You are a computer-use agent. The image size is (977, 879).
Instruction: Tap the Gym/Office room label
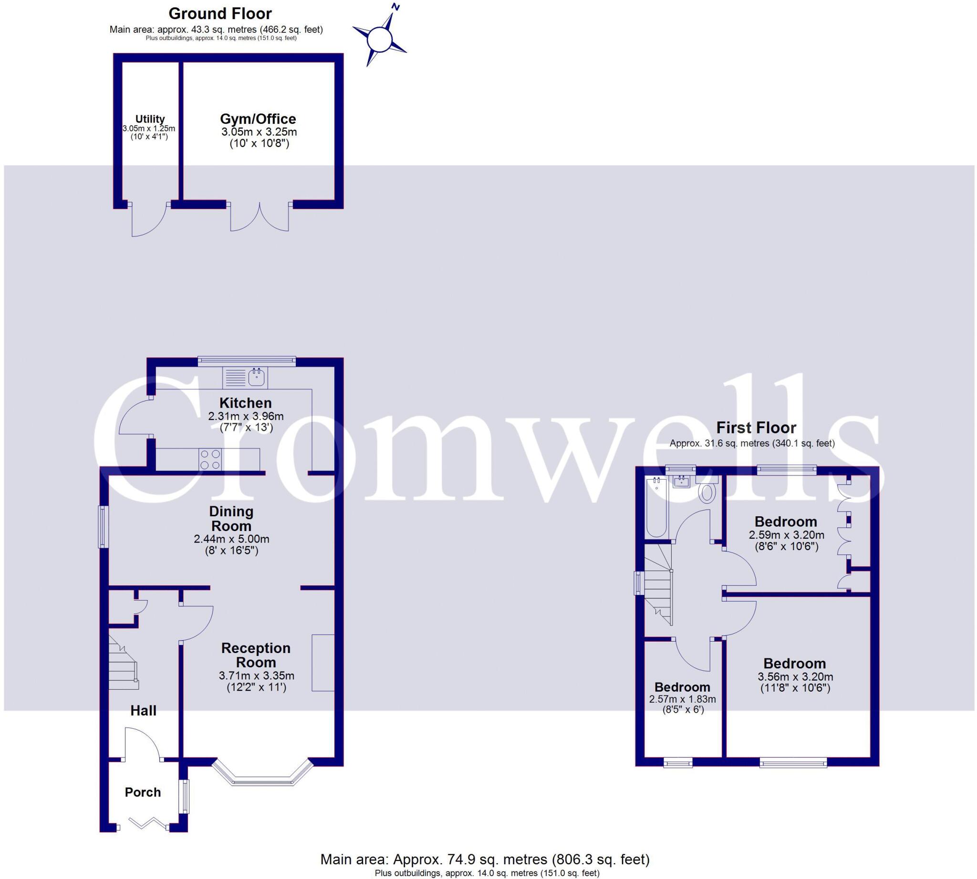click(258, 119)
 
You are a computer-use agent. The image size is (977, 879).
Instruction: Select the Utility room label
click(150, 119)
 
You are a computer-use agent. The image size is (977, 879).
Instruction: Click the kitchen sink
click(257, 377)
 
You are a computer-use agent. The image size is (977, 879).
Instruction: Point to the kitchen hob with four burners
click(210, 460)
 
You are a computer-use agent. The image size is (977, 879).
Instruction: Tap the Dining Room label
click(231, 518)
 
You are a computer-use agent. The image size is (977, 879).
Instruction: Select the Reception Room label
click(256, 655)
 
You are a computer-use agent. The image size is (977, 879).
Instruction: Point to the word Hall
click(143, 710)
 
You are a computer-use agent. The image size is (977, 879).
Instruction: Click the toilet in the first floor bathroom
click(707, 493)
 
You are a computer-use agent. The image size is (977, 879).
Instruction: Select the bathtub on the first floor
click(656, 507)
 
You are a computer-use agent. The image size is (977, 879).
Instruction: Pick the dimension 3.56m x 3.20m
click(795, 676)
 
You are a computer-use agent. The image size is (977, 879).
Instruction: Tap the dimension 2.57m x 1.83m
click(682, 699)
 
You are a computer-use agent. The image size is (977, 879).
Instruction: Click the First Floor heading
click(756, 428)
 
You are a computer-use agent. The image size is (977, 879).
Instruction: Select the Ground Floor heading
click(220, 13)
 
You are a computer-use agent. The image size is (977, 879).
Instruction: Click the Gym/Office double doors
click(260, 217)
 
